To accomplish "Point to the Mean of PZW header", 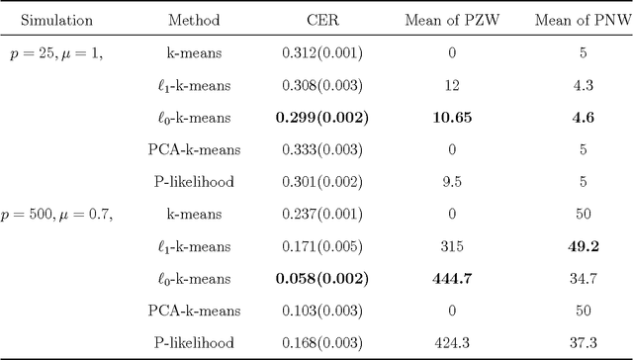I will click(x=452, y=19).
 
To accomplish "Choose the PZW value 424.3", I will click(x=452, y=342).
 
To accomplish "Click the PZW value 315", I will click(x=452, y=246).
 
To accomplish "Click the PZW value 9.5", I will click(x=452, y=184).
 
